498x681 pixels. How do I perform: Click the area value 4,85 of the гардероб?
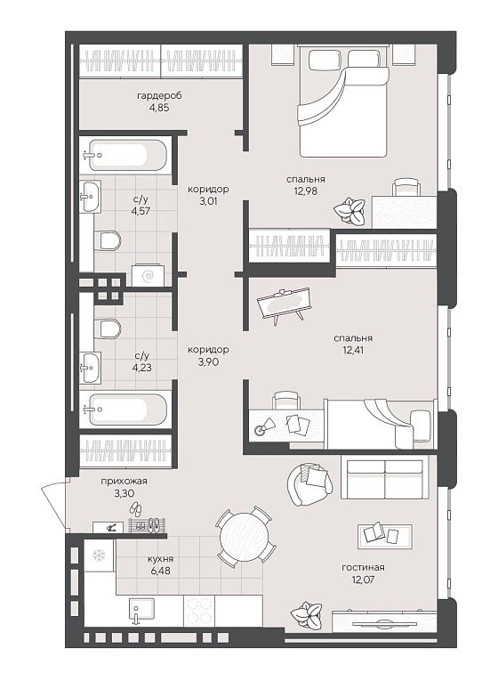tap(158, 107)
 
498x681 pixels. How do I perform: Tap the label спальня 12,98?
tap(305, 184)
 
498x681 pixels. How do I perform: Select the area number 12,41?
tap(353, 350)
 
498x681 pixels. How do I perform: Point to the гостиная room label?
tap(363, 567)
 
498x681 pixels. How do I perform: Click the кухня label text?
tap(160, 558)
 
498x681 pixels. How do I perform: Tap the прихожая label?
tap(124, 482)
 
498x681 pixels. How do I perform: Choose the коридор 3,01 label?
tap(208, 195)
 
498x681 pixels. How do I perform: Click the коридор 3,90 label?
tap(208, 355)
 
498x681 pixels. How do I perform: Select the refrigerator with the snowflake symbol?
tap(99, 555)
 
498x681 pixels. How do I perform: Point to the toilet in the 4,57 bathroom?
tap(107, 240)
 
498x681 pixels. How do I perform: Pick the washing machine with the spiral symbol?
tap(148, 274)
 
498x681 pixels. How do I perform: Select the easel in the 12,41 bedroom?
tap(283, 305)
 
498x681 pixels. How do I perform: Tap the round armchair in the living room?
tap(309, 484)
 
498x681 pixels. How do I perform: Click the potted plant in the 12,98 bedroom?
tap(349, 210)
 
